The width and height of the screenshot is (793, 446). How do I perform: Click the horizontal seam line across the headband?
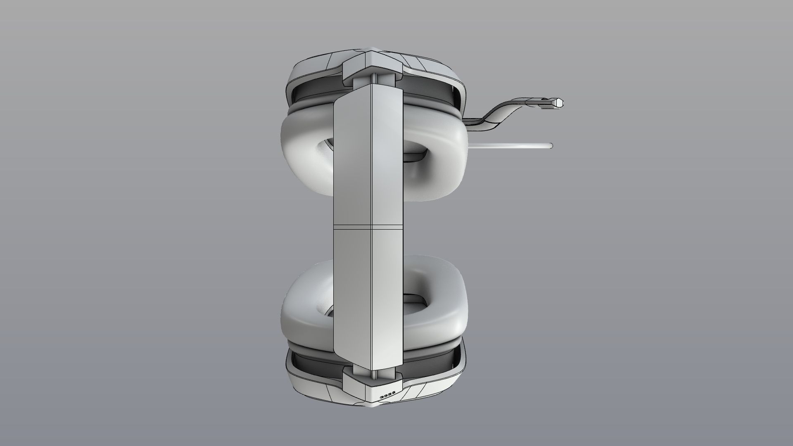click(368, 226)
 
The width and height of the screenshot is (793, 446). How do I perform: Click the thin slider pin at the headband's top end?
click(374, 79)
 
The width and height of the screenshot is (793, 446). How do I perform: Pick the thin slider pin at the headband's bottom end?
click(374, 374)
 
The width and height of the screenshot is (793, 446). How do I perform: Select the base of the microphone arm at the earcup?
click(471, 121)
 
